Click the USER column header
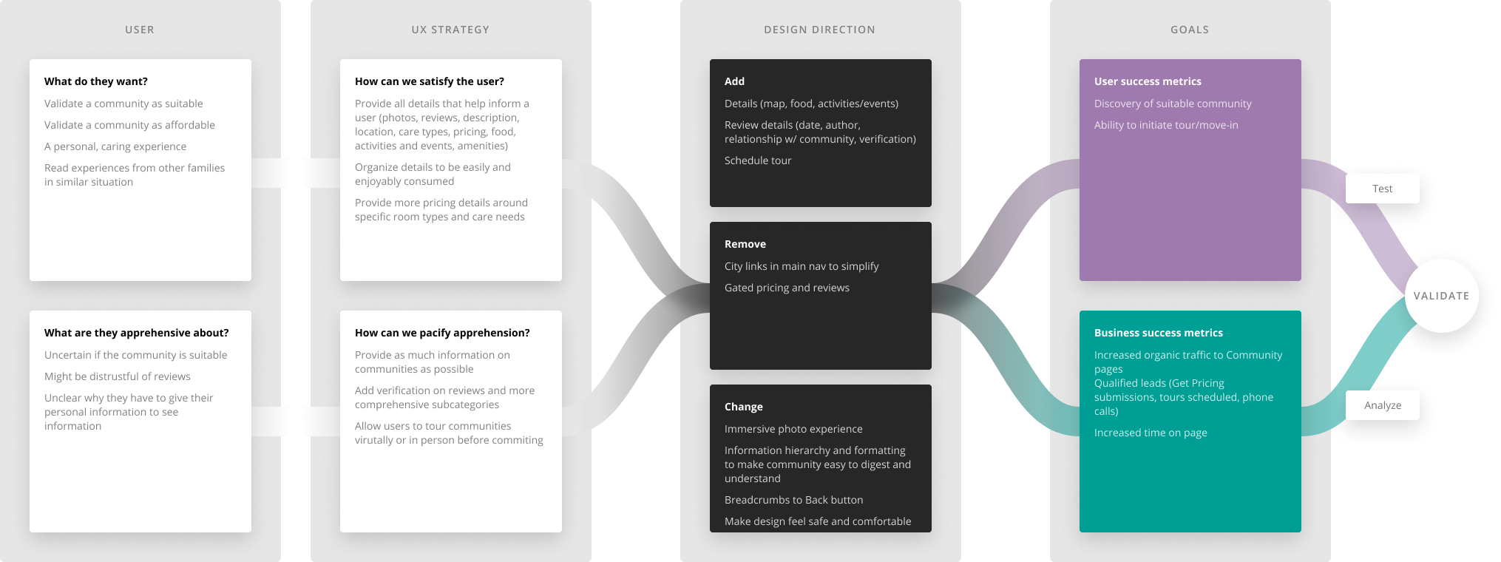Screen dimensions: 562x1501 pyautogui.click(x=139, y=30)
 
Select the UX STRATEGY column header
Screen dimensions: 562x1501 pyautogui.click(x=450, y=30)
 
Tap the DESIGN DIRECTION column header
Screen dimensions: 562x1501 pyautogui.click(x=819, y=30)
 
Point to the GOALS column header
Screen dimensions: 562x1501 pyautogui.click(x=1190, y=30)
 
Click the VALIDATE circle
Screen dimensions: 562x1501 pyautogui.click(x=1441, y=296)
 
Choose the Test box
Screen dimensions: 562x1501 pyautogui.click(x=1382, y=189)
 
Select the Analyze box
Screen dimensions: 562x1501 pyautogui.click(x=1382, y=405)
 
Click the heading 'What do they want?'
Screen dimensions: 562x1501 pyautogui.click(x=96, y=81)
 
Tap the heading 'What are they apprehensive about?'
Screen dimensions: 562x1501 pyautogui.click(x=137, y=333)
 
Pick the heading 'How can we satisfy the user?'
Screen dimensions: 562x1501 pyautogui.click(x=430, y=81)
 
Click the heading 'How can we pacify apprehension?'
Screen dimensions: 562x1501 pyautogui.click(x=442, y=333)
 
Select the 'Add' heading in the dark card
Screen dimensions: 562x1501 pyautogui.click(x=734, y=81)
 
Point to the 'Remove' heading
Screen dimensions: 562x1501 pyautogui.click(x=745, y=244)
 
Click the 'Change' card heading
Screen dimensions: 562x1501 pyautogui.click(x=744, y=407)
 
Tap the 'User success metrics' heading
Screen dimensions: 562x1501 pyautogui.click(x=1148, y=81)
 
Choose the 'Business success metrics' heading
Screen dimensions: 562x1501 pyautogui.click(x=1159, y=333)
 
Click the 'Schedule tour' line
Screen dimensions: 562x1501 pyautogui.click(x=758, y=160)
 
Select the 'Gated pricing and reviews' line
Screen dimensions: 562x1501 pyautogui.click(x=787, y=288)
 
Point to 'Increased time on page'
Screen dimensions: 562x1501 pyautogui.click(x=1151, y=433)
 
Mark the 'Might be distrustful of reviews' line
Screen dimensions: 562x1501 pyautogui.click(x=118, y=376)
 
